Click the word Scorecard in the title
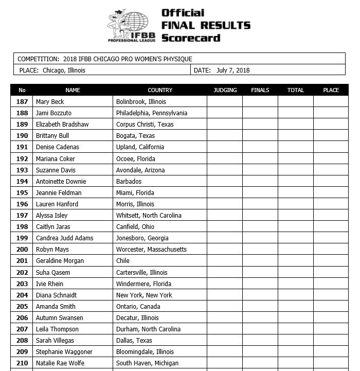click(191, 38)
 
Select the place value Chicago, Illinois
click(64, 70)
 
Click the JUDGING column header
click(225, 90)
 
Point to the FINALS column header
click(260, 90)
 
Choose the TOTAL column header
click(296, 90)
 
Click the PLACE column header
click(331, 90)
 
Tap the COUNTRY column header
click(160, 90)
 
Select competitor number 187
click(22, 102)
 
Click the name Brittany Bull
click(52, 136)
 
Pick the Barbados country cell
click(129, 181)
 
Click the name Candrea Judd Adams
click(65, 238)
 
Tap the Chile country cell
click(123, 261)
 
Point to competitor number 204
click(22, 295)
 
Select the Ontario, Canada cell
click(138, 307)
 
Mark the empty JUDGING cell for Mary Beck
click(225, 102)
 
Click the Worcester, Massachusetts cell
click(151, 250)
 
